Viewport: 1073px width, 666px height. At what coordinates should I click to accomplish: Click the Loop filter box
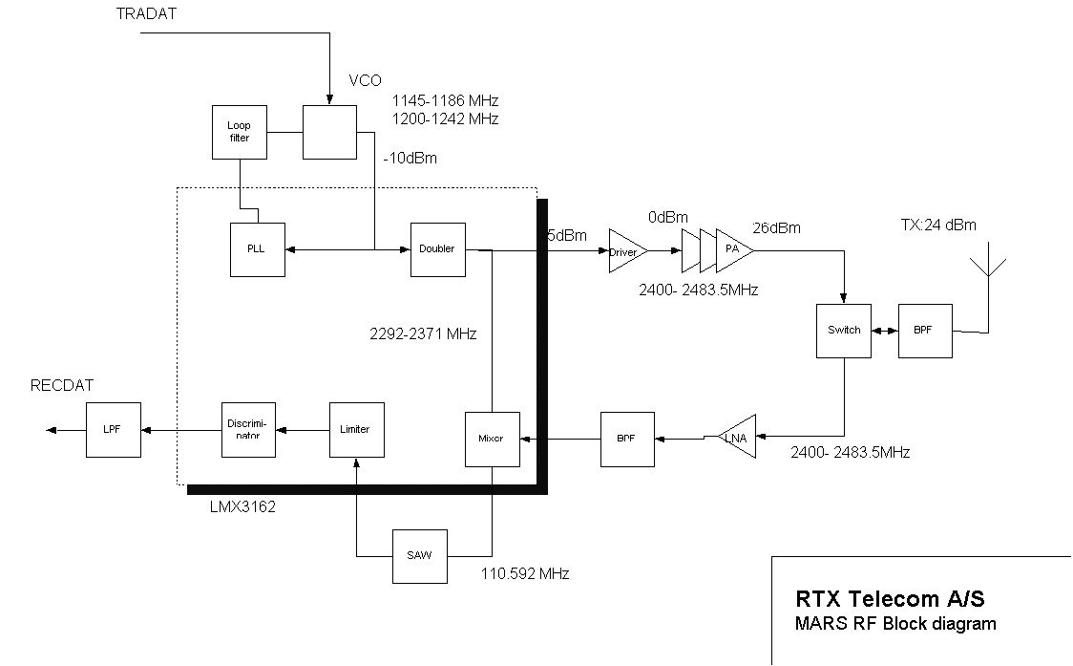coord(239,132)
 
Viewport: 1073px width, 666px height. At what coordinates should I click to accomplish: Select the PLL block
coord(258,249)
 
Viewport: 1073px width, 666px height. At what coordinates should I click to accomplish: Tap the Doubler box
coord(437,249)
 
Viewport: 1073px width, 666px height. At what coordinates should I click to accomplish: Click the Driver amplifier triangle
coord(626,251)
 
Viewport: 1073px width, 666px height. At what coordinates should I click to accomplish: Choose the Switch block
coord(844,331)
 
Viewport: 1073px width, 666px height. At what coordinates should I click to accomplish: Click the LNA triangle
coord(737,438)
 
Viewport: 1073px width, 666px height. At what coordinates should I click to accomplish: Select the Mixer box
coord(492,439)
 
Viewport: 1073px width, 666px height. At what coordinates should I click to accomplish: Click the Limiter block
coord(356,429)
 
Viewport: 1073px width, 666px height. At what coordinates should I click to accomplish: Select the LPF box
coord(114,429)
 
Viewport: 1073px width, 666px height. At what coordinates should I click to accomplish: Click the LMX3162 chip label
coord(242,507)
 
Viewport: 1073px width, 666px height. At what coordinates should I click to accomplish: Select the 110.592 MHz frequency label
coord(526,574)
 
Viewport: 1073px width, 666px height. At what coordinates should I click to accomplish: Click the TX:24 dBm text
coord(938,226)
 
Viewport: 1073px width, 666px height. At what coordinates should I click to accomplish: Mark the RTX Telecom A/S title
coord(890,600)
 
